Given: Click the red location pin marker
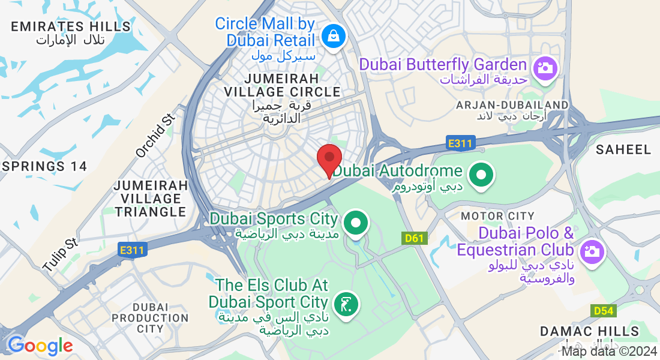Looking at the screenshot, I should tap(329, 158).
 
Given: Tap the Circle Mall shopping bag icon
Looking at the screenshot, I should tap(332, 36).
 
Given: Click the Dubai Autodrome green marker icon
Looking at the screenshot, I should tap(481, 175).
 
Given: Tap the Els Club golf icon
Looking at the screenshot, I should tap(346, 304).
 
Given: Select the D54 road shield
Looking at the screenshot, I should tap(604, 311).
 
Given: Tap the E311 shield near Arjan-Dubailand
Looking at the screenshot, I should tap(461, 143).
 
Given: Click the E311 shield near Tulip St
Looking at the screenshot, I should tap(131, 250).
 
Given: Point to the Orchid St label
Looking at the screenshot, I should tap(155, 136).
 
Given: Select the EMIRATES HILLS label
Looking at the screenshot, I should tap(71, 26).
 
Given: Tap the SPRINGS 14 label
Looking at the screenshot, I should tap(45, 166).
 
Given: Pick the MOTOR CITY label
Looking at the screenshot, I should tap(497, 216).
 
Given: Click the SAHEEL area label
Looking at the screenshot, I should tap(623, 149).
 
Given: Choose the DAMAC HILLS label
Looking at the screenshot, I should tap(589, 331).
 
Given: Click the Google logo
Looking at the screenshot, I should tap(40, 346).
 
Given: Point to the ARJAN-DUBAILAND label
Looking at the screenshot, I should tap(512, 105).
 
